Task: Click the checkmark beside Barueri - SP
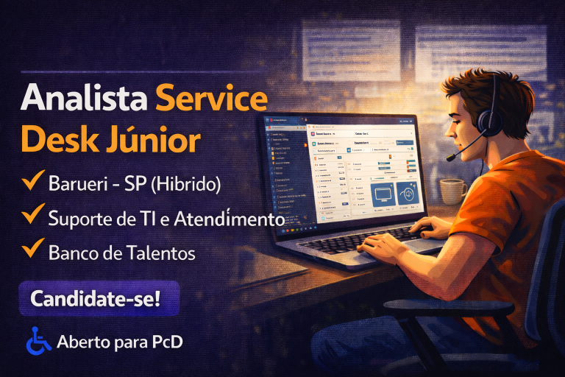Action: pyautogui.click(x=32, y=181)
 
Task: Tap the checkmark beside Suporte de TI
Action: pyautogui.click(x=32, y=215)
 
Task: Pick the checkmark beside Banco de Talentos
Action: pyautogui.click(x=32, y=250)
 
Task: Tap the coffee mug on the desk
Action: pyautogui.click(x=452, y=191)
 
